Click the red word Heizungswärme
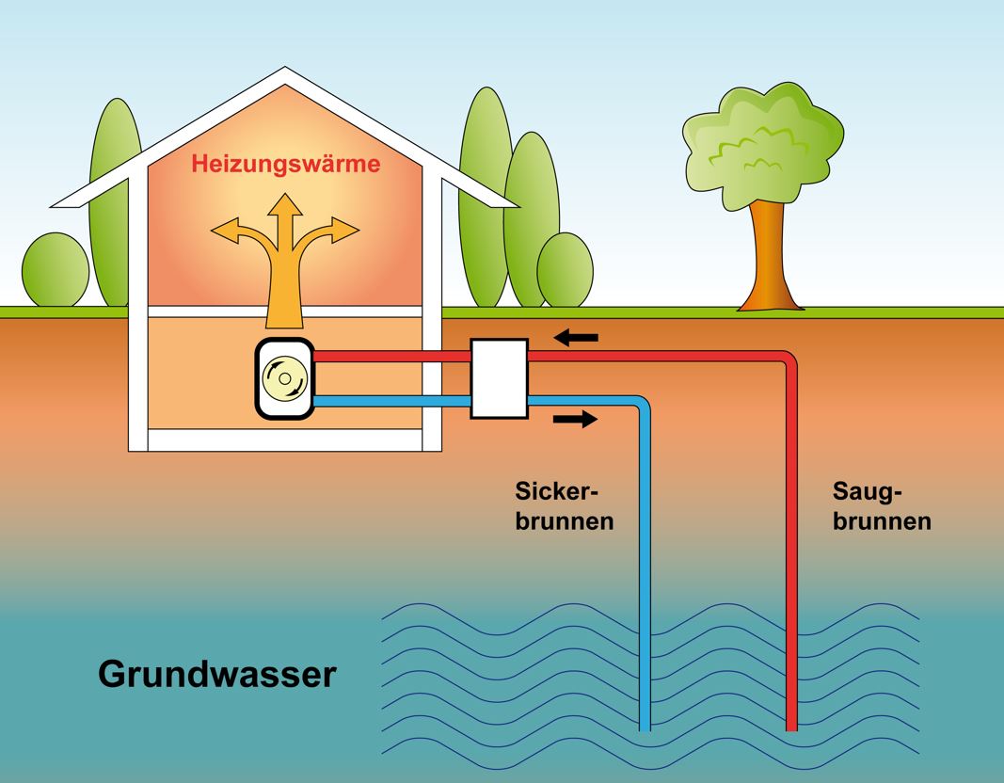286,164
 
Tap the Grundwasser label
216,674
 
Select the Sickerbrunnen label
564,505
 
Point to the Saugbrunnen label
882,505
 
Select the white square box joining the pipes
499,378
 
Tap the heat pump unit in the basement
283,378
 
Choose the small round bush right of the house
565,270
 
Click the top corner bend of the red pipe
789,359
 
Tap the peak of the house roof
285,72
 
